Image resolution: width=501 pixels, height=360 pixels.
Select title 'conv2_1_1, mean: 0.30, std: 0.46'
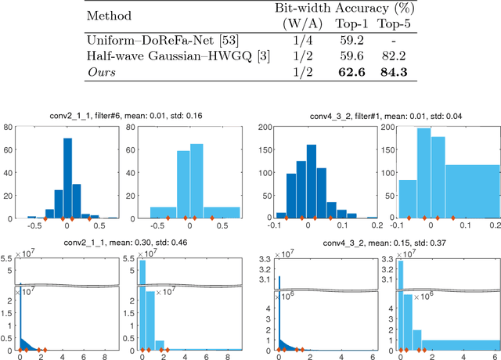[x=125, y=243]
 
